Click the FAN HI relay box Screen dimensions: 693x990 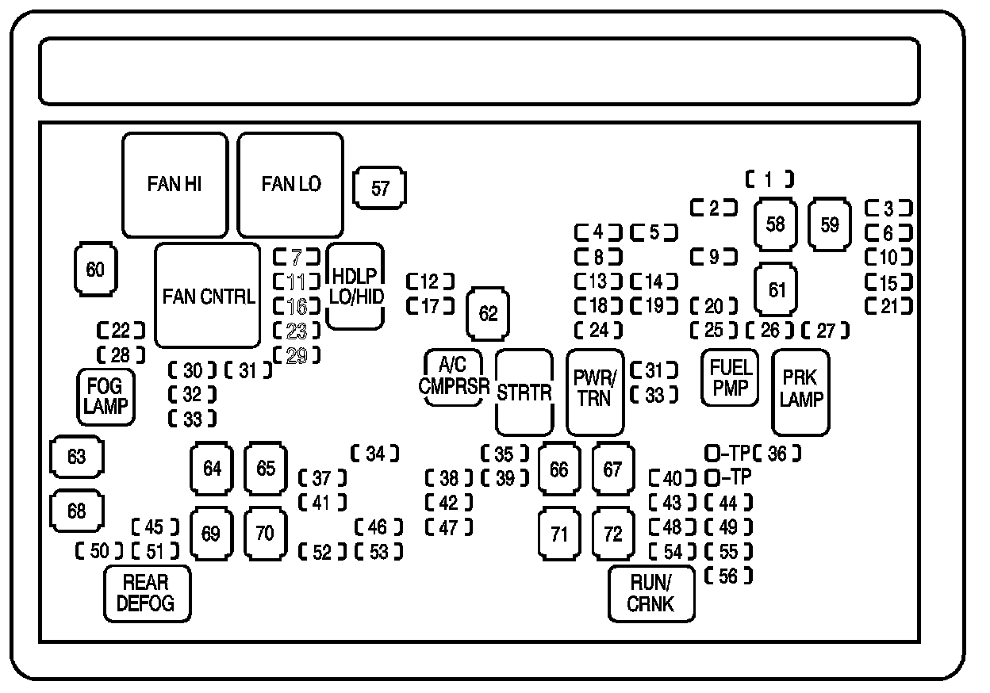[x=175, y=185]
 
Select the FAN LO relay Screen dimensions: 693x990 [x=291, y=185]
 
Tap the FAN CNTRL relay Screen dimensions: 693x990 [x=208, y=296]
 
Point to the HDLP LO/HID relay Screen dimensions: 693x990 [x=356, y=286]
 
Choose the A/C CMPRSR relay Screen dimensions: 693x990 [x=453, y=377]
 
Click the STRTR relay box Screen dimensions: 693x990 [x=524, y=391]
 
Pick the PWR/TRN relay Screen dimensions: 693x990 [x=594, y=391]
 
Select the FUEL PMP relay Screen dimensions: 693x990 [x=730, y=377]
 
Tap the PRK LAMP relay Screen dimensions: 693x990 [x=800, y=391]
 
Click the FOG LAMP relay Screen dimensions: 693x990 [x=105, y=396]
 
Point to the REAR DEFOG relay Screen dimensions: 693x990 [x=147, y=593]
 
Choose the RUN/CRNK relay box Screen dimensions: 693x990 [x=651, y=594]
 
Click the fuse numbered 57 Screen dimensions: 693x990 [x=380, y=188]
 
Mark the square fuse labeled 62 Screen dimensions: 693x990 [x=489, y=314]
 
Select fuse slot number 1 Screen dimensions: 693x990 [x=768, y=180]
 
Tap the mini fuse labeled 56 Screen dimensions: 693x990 [x=728, y=576]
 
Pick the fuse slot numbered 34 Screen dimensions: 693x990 [x=374, y=454]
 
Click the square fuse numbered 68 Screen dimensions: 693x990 [x=77, y=511]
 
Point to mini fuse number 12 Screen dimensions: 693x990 [x=430, y=281]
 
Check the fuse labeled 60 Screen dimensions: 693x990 [x=95, y=270]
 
